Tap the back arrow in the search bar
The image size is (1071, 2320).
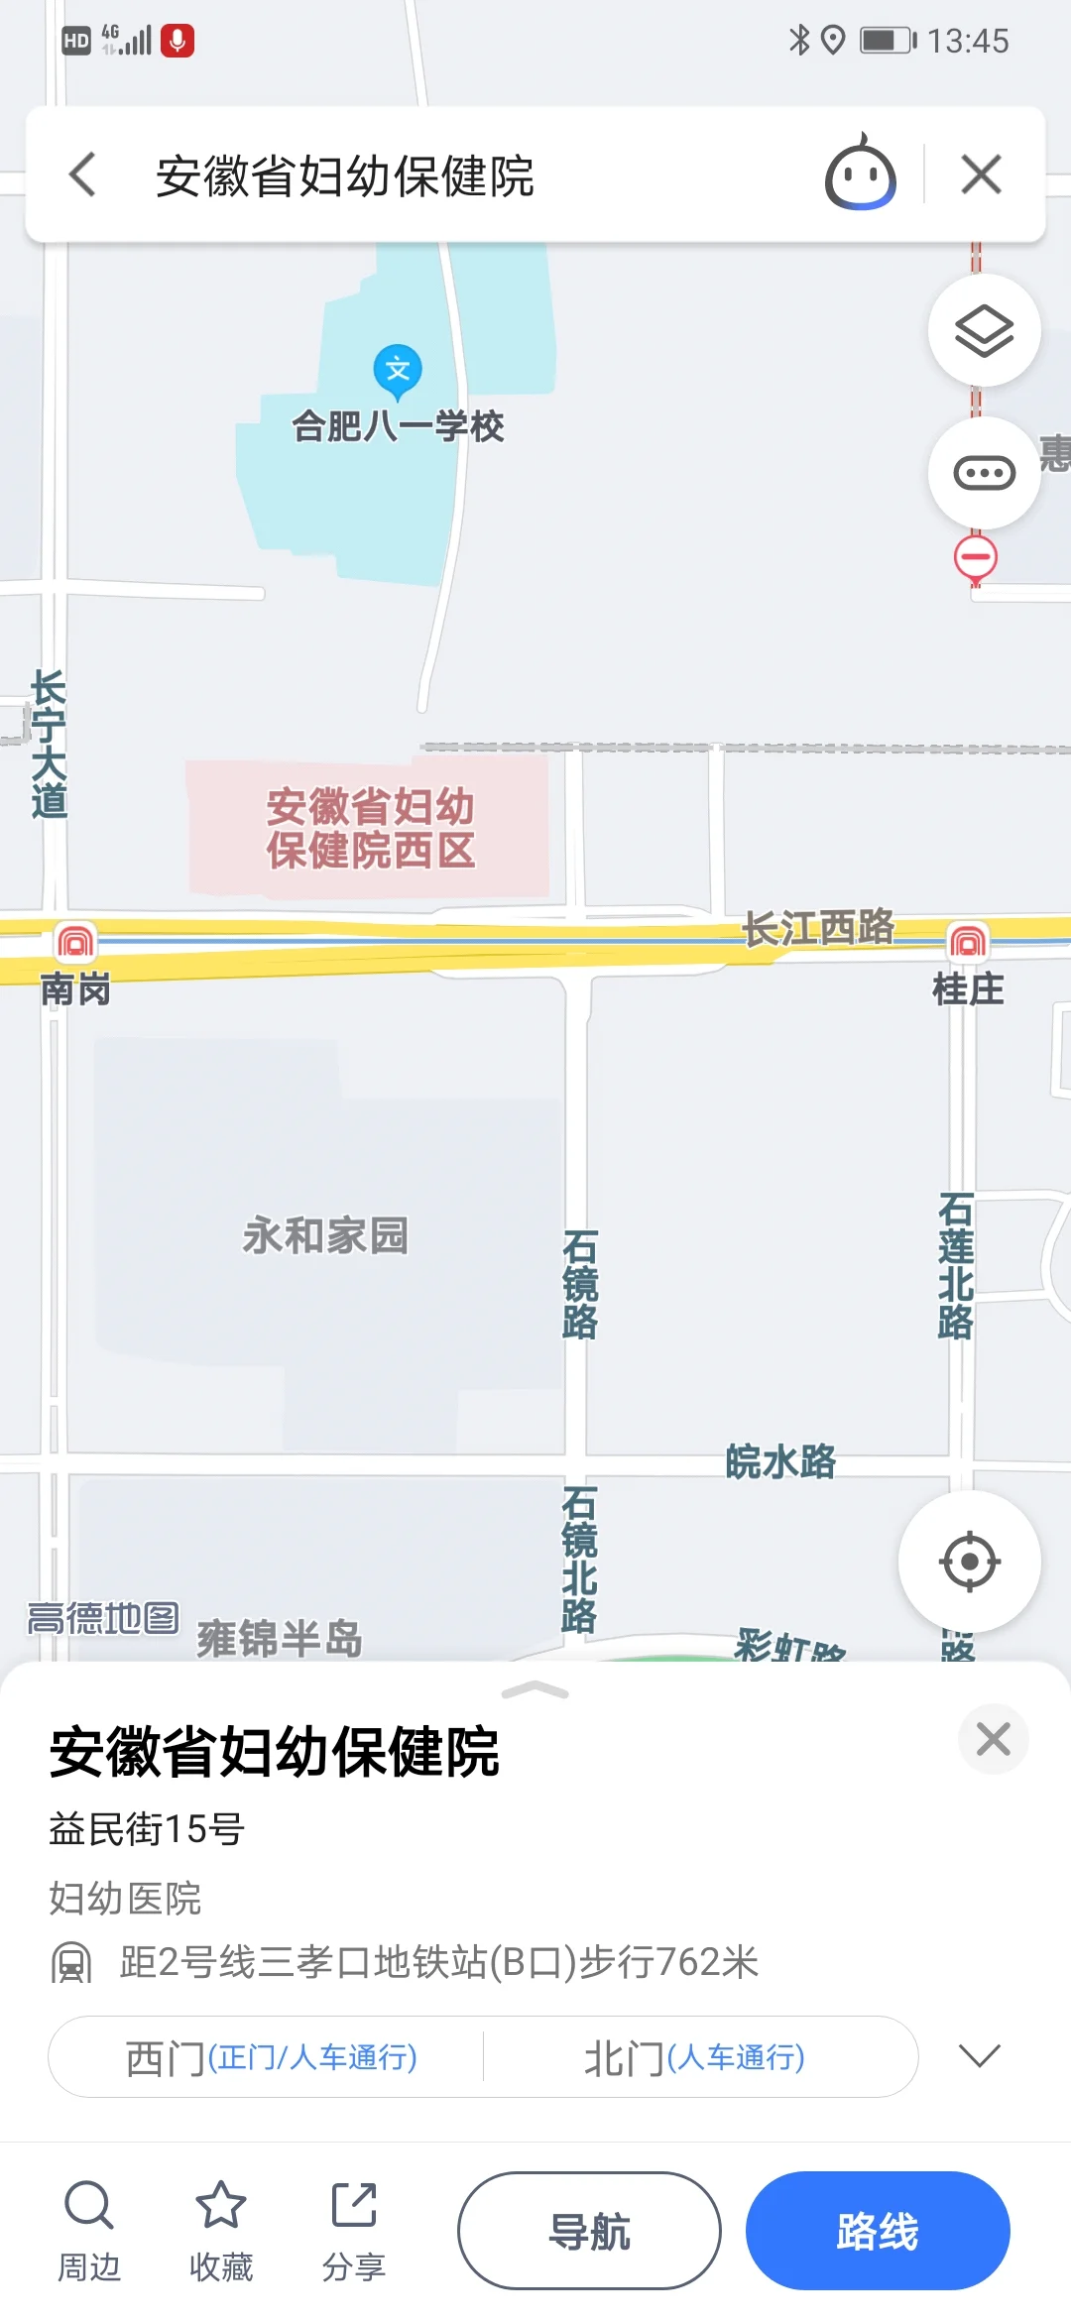point(83,174)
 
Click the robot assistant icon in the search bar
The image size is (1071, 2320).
point(860,174)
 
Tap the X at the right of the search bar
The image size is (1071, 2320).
point(981,174)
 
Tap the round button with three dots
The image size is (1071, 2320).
point(984,473)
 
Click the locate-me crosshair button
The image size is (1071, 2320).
point(969,1562)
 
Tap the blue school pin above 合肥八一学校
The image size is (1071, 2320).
point(398,370)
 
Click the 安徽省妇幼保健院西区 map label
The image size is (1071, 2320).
point(370,829)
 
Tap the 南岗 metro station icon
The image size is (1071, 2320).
point(75,941)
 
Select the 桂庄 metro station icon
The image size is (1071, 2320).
point(968,941)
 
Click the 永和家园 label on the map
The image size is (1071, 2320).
point(325,1236)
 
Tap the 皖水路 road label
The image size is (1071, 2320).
point(780,1462)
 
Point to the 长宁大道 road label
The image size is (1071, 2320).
point(49,744)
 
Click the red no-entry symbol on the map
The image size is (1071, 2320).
point(976,556)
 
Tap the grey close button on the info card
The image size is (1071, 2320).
point(993,1739)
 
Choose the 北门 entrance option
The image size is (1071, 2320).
point(694,2057)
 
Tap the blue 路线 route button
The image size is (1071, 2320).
point(878,2231)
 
